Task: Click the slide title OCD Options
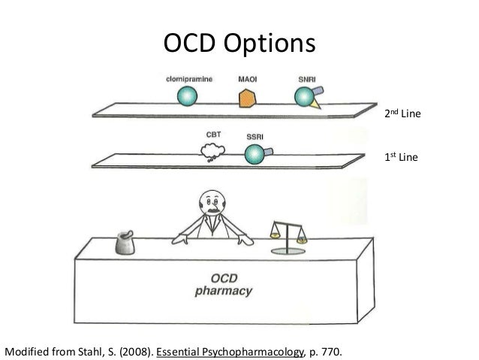click(x=239, y=44)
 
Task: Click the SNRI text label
click(x=307, y=78)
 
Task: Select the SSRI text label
click(x=255, y=137)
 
